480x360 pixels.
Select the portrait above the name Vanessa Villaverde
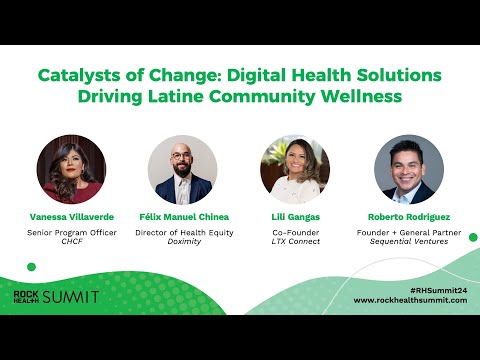(71, 169)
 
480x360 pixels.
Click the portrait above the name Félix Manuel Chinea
(182, 169)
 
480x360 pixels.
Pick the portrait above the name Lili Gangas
(295, 169)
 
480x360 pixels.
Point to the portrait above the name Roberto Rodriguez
(408, 169)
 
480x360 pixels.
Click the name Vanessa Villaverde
(71, 216)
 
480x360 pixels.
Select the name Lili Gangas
(295, 216)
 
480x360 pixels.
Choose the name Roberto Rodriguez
(408, 216)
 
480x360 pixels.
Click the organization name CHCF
(71, 241)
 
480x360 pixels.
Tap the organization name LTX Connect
(295, 241)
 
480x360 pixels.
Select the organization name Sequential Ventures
(408, 241)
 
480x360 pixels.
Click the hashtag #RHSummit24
(439, 288)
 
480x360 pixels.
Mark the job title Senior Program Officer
(71, 231)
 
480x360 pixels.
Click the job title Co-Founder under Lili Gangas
(295, 231)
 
